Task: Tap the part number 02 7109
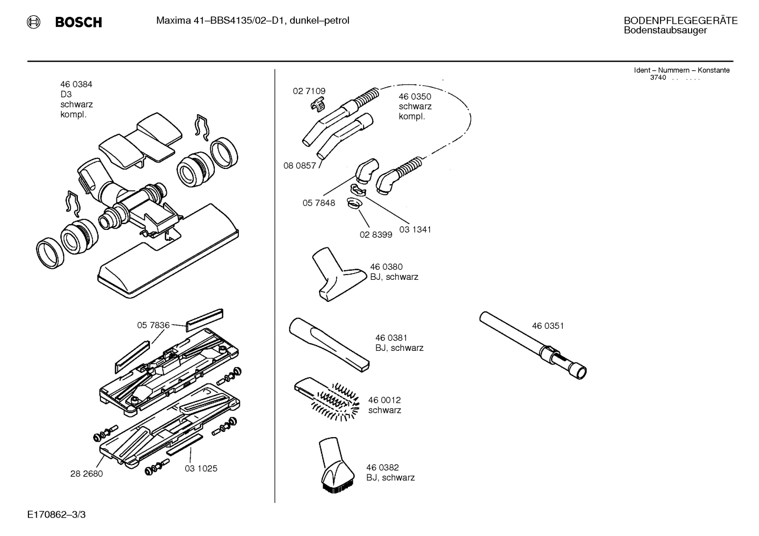309,91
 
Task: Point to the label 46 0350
415,96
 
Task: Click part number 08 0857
299,166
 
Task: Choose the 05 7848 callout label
318,203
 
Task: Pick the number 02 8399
376,235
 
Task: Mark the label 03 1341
415,229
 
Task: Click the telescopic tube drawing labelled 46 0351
532,345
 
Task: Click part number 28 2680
86,473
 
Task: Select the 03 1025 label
201,468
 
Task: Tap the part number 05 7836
153,325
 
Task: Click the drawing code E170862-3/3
56,514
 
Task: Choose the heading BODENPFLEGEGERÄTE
680,21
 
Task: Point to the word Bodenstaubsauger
665,31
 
